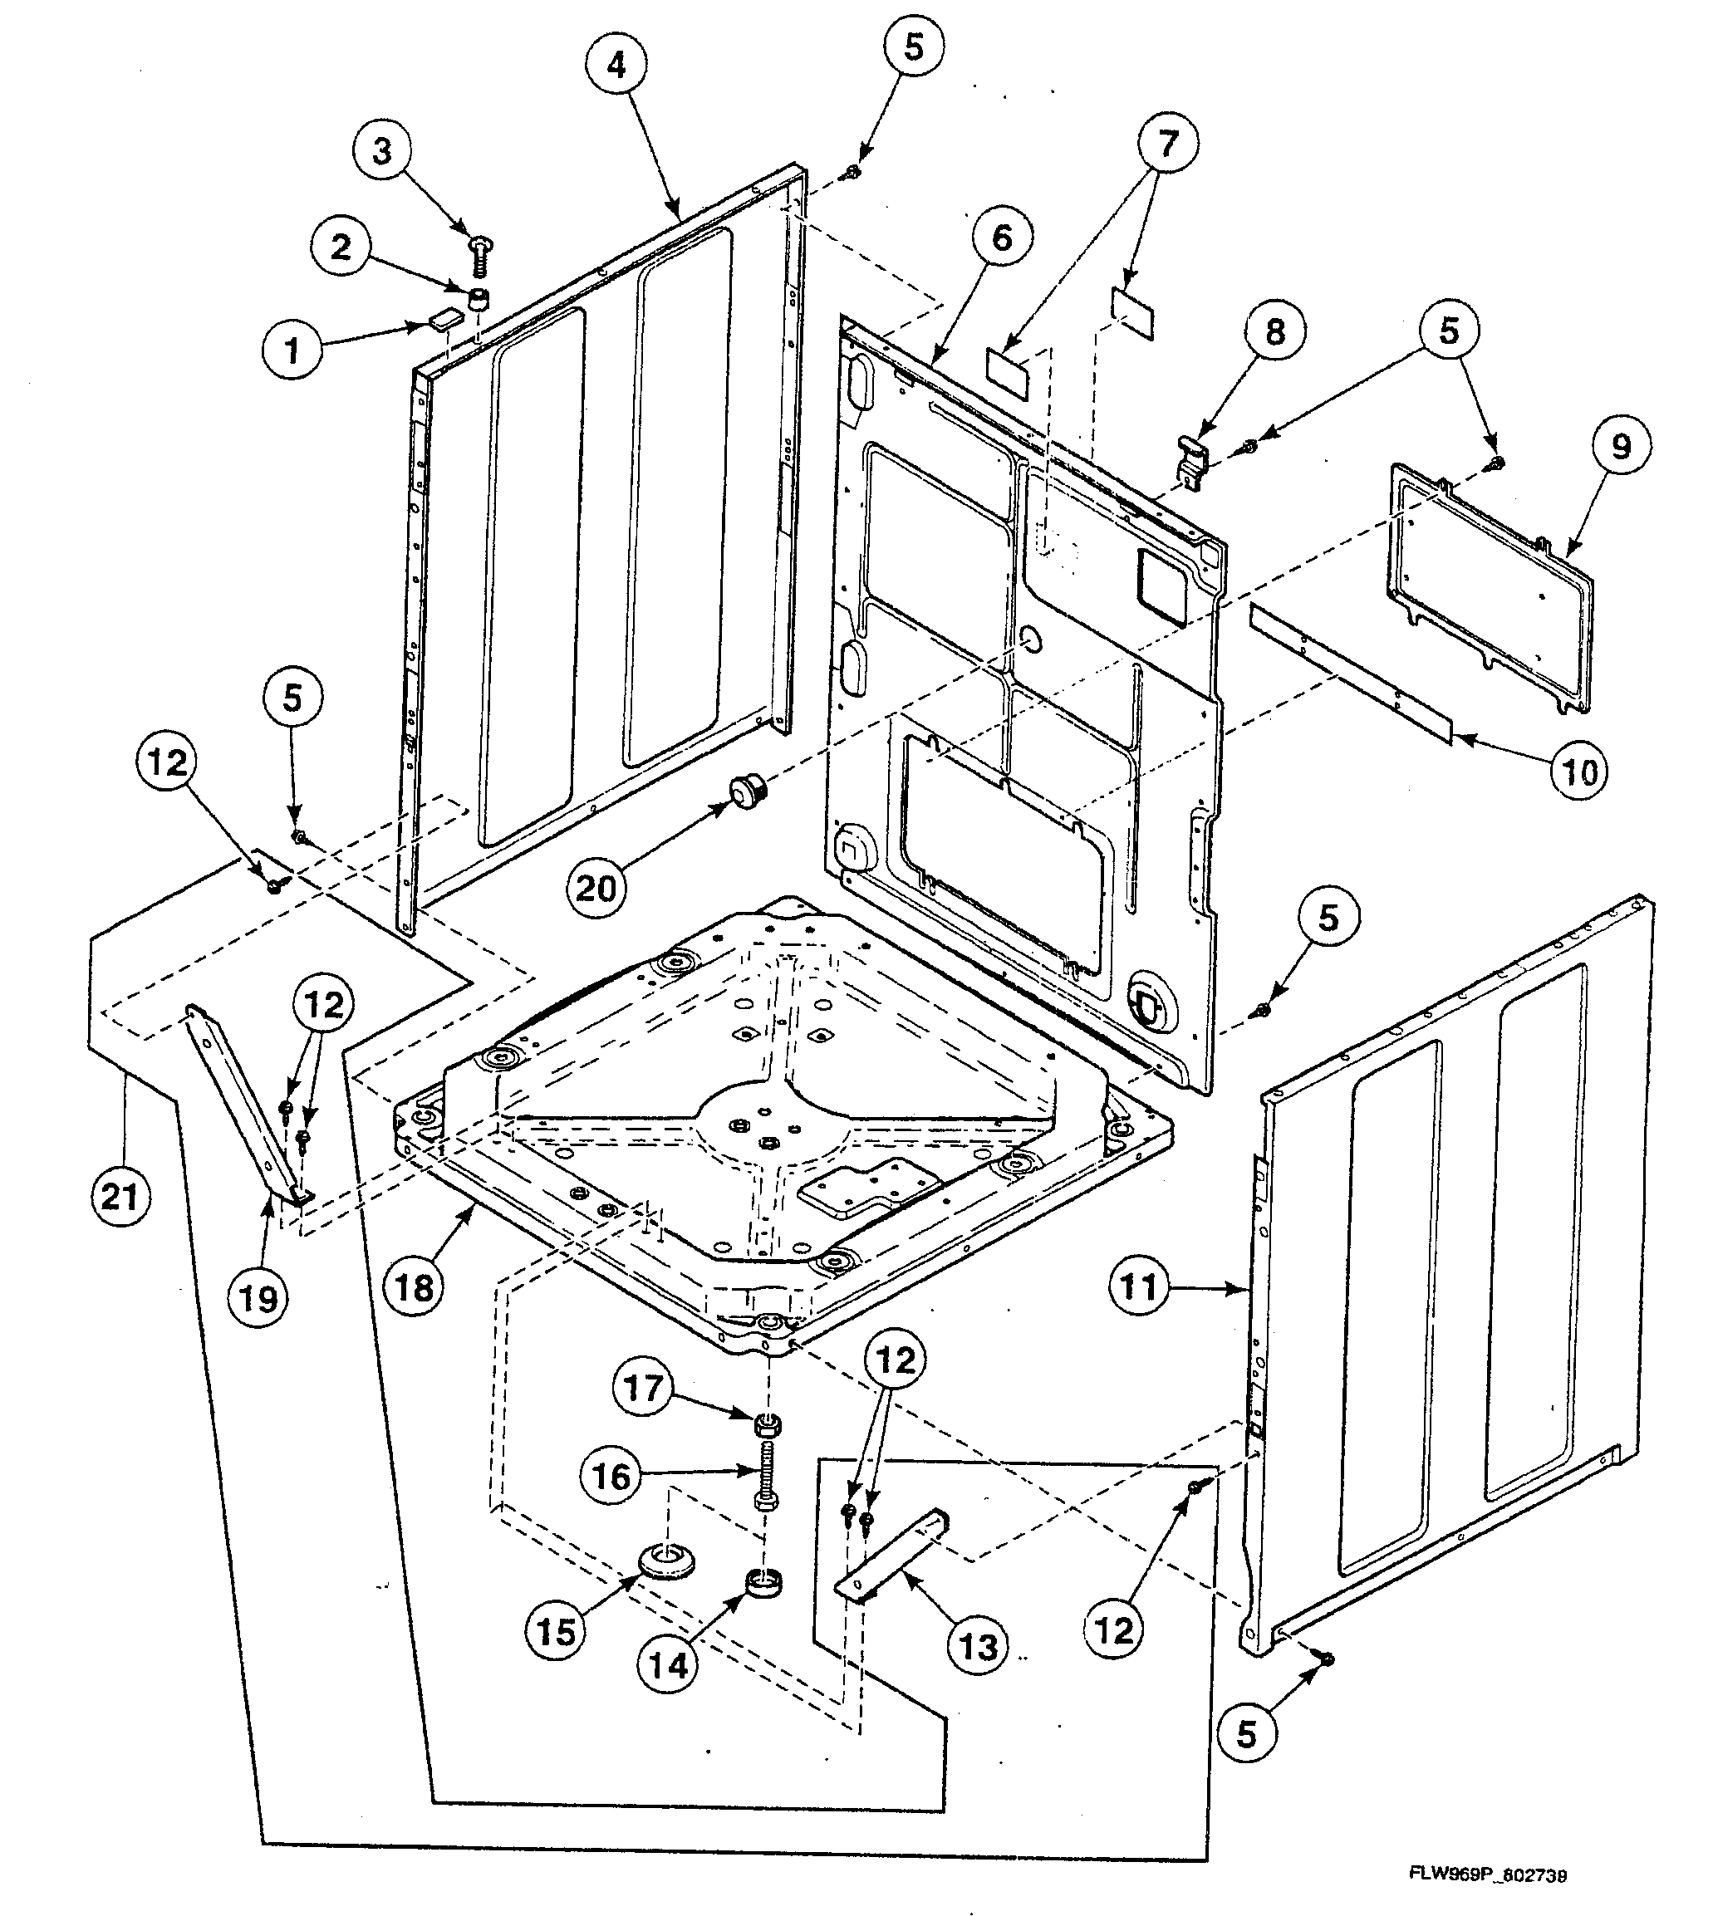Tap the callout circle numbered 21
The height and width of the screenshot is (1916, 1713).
pyautogui.click(x=120, y=1197)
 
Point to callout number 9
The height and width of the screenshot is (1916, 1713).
pyautogui.click(x=1621, y=446)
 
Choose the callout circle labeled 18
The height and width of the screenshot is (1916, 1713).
pyautogui.click(x=415, y=1286)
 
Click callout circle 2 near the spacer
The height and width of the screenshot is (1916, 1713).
pyautogui.click(x=341, y=247)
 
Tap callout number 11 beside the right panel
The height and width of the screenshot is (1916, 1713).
pyautogui.click(x=1138, y=1286)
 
